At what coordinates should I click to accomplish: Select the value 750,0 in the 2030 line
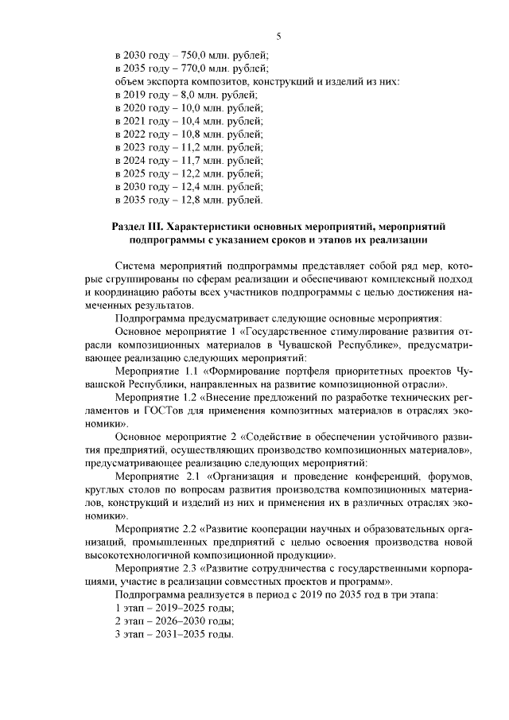(x=184, y=56)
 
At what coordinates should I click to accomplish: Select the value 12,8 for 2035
(x=183, y=199)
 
